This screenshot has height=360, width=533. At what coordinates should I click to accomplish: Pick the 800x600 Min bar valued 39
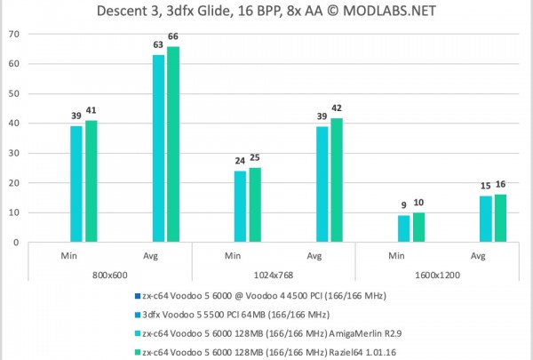76,184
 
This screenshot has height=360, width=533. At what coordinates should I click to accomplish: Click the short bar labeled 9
403,228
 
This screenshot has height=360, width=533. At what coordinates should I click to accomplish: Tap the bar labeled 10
418,227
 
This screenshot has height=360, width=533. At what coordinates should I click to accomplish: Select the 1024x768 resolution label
273,276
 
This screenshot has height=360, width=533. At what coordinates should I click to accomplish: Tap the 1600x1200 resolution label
436,276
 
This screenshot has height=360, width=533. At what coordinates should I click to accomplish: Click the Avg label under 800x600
150,256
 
